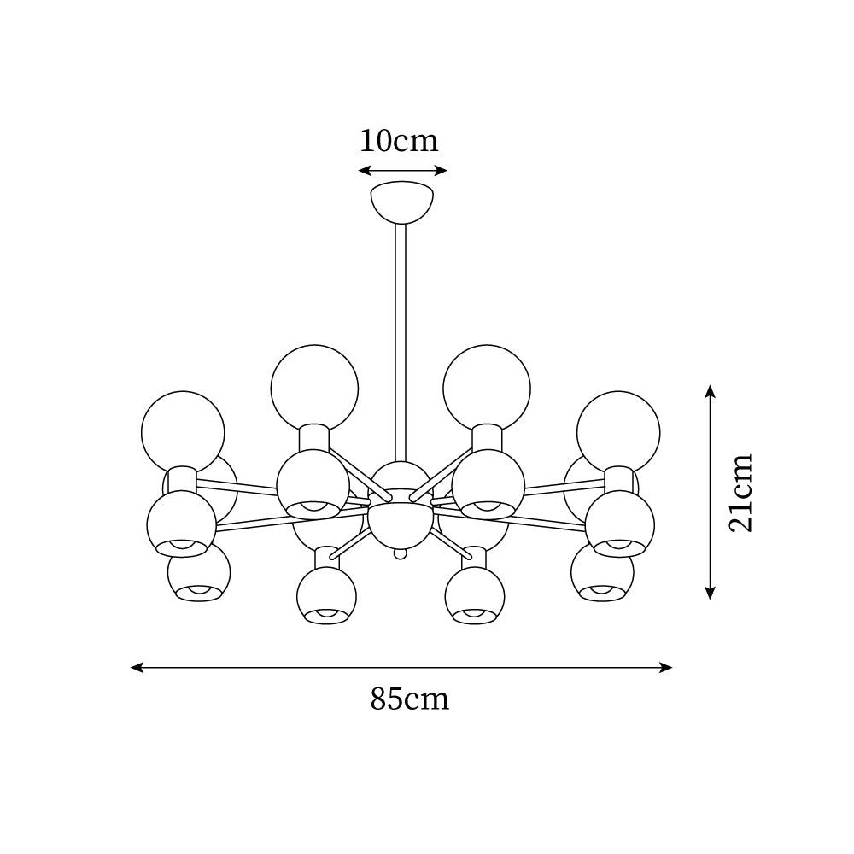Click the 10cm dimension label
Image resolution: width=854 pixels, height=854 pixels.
point(399,140)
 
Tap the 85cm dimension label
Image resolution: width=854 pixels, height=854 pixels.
point(409,699)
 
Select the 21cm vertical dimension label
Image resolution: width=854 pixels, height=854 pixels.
point(740,492)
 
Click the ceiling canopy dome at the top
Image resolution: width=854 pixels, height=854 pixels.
point(402,201)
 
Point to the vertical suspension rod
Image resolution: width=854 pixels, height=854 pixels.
point(400,342)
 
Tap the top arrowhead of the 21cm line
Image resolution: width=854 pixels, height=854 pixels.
point(710,391)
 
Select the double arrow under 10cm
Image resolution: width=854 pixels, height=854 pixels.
point(402,170)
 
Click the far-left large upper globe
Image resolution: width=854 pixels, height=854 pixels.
point(183,432)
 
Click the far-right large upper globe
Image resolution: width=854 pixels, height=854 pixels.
point(618,432)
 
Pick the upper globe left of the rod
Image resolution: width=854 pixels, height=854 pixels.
point(314,387)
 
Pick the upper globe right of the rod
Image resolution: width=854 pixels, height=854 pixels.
point(487,387)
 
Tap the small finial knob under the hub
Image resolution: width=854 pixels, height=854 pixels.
point(399,555)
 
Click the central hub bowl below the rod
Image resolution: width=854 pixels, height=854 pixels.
point(401,523)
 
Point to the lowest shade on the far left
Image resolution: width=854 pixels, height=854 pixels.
point(199,572)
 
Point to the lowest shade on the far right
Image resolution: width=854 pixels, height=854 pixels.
point(602,572)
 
